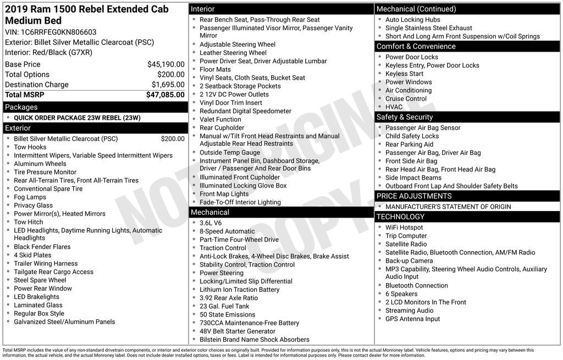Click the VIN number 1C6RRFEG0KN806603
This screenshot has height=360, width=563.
[x=58, y=32]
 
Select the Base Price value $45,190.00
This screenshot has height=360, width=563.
[x=165, y=64]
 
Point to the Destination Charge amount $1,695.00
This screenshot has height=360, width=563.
[x=168, y=85]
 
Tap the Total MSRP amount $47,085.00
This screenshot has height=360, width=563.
[x=165, y=95]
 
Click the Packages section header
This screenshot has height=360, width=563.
[x=21, y=107]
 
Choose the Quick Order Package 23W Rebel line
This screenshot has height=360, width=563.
[x=77, y=118]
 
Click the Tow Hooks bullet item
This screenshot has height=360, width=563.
[x=30, y=147]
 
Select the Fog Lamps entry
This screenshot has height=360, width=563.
[x=30, y=197]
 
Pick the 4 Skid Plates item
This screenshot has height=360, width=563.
[x=32, y=255]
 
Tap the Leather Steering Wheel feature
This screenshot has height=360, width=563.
[x=233, y=53]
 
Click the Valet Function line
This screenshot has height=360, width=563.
[x=220, y=119]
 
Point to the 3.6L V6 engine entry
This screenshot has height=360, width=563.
[x=211, y=223]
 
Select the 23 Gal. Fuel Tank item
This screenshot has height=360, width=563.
[x=224, y=306]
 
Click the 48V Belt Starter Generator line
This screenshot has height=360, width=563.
[x=238, y=331]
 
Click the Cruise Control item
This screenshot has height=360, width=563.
[x=406, y=99]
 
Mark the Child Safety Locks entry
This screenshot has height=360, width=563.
[x=412, y=136]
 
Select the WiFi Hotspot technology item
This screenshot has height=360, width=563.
[x=404, y=228]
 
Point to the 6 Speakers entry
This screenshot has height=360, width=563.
[x=401, y=294]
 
